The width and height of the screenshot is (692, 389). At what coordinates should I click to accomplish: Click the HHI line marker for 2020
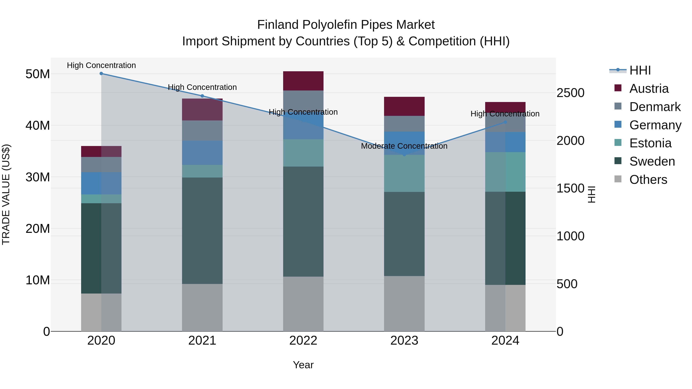[x=101, y=74]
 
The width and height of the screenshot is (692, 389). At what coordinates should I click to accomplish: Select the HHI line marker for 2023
[x=404, y=155]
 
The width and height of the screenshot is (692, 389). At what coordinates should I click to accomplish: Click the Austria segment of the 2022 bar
[x=303, y=81]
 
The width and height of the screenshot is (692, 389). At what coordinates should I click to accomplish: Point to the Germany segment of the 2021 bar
[x=202, y=153]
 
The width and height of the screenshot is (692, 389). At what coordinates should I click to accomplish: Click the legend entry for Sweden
[x=652, y=161]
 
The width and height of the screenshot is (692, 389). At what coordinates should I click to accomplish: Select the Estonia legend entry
[x=650, y=143]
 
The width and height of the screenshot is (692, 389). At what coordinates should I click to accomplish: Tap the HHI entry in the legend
[x=640, y=70]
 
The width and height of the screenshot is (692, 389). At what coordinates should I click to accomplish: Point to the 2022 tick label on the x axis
[x=303, y=341]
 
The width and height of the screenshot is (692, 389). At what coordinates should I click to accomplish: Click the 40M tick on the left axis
[x=38, y=125]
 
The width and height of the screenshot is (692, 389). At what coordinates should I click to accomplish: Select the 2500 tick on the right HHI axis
[x=570, y=93]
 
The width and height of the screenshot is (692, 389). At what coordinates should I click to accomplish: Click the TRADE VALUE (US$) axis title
[x=6, y=194]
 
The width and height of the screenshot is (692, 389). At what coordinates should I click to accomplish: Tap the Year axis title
[x=303, y=365]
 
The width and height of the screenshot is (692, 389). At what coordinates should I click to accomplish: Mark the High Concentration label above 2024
[x=505, y=114]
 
